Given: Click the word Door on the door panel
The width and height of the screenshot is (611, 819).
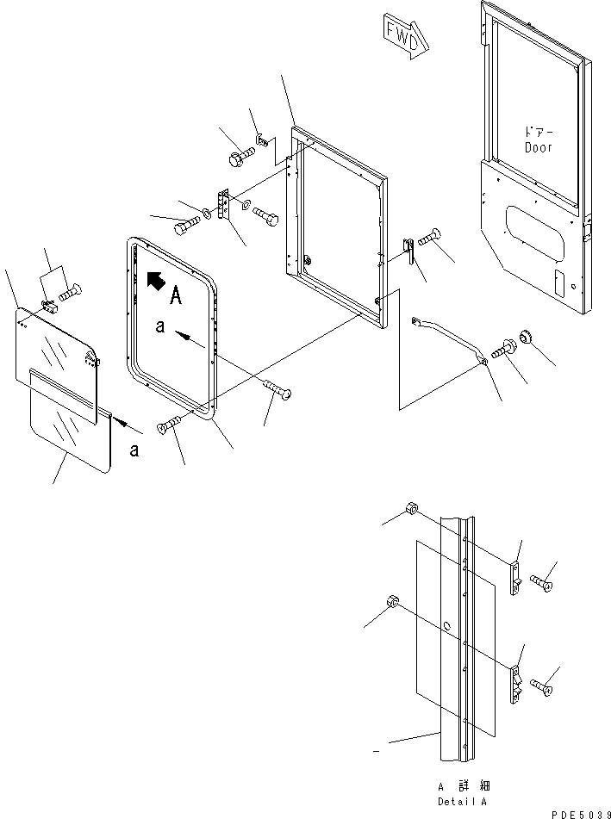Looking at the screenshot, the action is point(539,148).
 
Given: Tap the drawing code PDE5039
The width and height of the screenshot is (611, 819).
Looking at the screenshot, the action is point(580,814).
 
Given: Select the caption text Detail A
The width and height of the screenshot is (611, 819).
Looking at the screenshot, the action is point(462,802).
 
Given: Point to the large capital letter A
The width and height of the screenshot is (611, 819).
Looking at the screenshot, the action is point(176,296).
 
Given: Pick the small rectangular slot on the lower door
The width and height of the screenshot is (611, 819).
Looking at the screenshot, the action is point(558,282).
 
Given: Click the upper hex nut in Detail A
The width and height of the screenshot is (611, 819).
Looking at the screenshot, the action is point(410,508).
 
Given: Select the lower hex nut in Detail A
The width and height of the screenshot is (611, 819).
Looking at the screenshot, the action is point(393,602).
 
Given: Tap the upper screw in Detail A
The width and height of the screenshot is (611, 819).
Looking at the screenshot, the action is point(541,582).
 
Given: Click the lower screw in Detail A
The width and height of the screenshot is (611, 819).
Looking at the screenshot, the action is point(541,687).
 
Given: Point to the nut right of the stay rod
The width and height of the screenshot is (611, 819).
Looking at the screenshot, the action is point(526,338).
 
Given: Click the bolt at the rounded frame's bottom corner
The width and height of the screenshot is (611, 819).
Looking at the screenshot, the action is point(168,424).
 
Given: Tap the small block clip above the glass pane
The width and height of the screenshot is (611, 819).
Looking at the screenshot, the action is point(50,307).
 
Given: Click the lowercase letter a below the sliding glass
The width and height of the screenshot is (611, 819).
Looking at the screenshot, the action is point(134,450).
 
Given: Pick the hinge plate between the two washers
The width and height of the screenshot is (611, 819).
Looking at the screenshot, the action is point(224,205).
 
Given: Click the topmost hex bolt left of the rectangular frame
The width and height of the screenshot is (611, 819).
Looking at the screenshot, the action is point(241,156).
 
